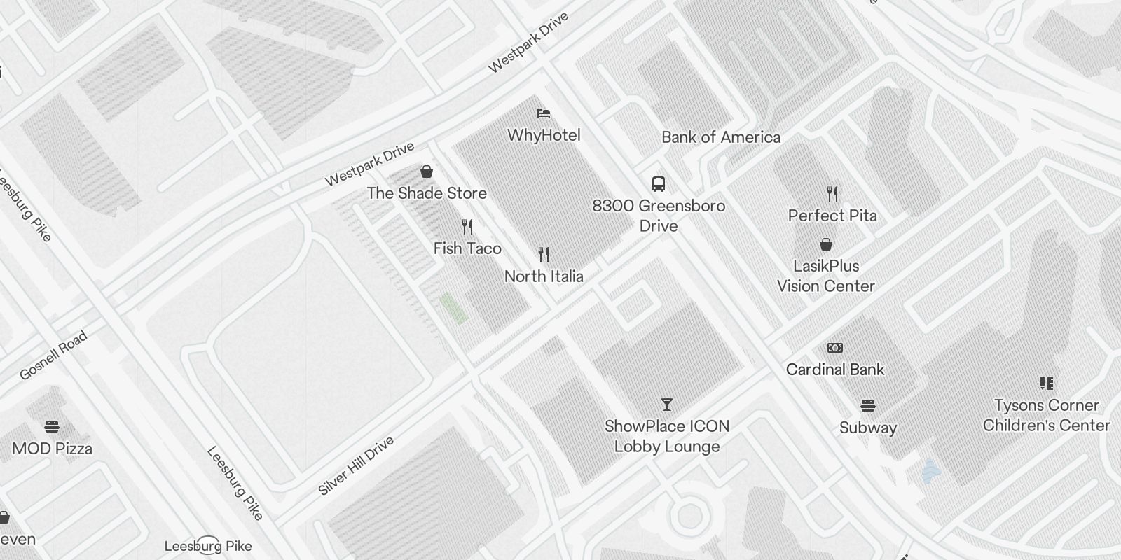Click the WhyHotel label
click(x=544, y=135)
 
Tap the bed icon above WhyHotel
click(x=544, y=113)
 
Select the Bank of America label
click(x=721, y=137)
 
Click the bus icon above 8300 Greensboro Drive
click(x=659, y=184)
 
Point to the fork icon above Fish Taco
click(x=467, y=227)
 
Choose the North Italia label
click(x=544, y=276)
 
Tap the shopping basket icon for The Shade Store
click(x=426, y=171)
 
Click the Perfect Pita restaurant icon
click(x=832, y=193)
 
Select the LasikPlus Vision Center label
click(x=826, y=276)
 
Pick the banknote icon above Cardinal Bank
click(x=835, y=348)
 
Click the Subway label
click(x=868, y=428)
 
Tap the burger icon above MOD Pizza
click(x=52, y=426)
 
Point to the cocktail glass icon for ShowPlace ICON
click(x=667, y=405)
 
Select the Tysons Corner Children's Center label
click(x=1046, y=415)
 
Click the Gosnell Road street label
click(x=53, y=355)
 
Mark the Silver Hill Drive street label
click(x=356, y=465)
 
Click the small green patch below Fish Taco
click(x=453, y=309)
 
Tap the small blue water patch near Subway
click(x=929, y=471)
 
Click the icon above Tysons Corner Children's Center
click(x=1047, y=383)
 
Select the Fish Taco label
click(x=467, y=248)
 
